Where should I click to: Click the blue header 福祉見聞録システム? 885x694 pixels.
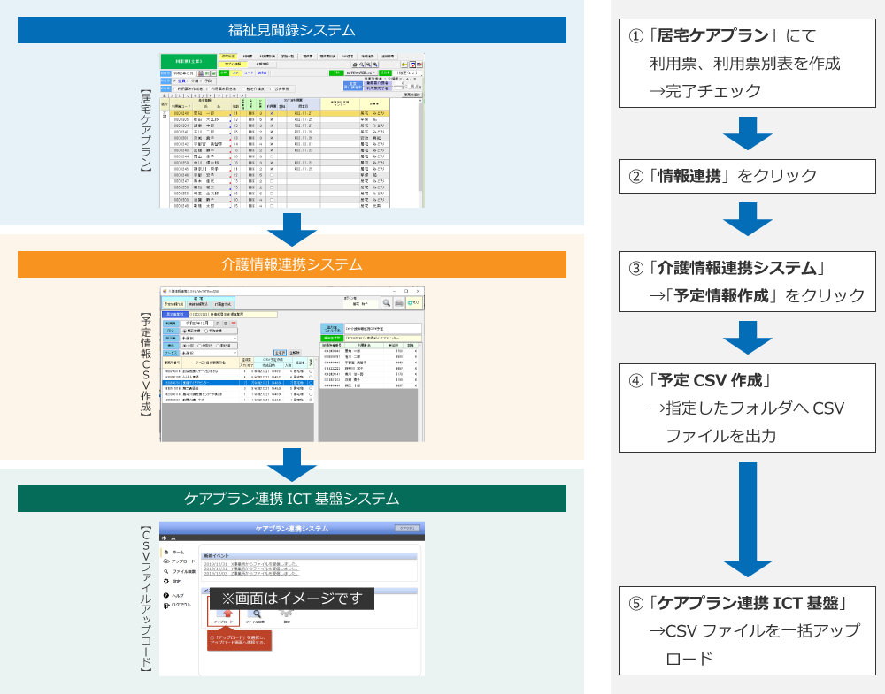click(292, 30)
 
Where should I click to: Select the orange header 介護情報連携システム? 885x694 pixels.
click(292, 264)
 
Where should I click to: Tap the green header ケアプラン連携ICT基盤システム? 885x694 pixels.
click(292, 499)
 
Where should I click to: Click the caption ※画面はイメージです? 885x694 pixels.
click(292, 599)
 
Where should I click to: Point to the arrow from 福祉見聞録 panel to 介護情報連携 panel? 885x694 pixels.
click(292, 230)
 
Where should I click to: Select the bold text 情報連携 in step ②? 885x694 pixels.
click(689, 176)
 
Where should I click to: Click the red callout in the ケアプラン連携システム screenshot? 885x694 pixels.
click(238, 640)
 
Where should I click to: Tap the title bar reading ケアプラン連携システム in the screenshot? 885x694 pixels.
click(292, 528)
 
